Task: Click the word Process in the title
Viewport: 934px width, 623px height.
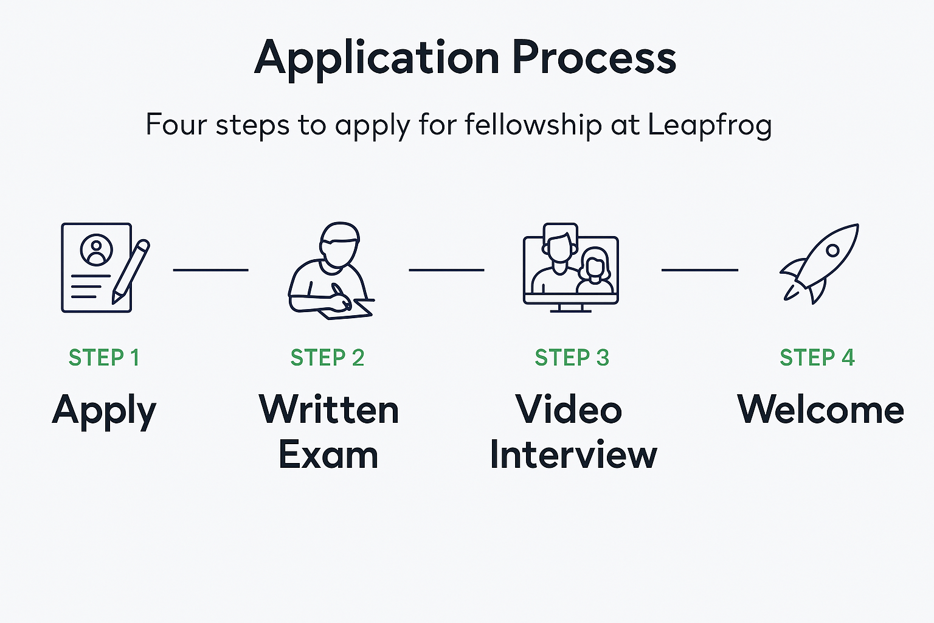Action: pos(594,58)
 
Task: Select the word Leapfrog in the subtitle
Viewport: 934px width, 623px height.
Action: pos(709,125)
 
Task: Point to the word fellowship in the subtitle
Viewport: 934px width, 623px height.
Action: pos(533,125)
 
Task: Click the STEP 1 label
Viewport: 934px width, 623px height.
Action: pos(104,358)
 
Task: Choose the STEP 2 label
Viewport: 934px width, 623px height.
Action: pos(327,358)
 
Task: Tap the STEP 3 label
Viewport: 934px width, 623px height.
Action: pos(572,358)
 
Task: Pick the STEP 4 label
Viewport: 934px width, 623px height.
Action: pos(817,358)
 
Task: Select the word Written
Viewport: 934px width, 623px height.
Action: pos(329,409)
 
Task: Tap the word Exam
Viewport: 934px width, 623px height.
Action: pos(328,455)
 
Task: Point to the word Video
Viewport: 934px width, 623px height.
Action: pos(569,409)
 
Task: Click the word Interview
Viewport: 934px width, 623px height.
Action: pos(573,455)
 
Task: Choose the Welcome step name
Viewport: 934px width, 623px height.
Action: pos(820,409)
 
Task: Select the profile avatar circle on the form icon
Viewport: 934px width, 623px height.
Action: pos(96,250)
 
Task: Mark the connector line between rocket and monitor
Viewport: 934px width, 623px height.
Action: pos(699,270)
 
